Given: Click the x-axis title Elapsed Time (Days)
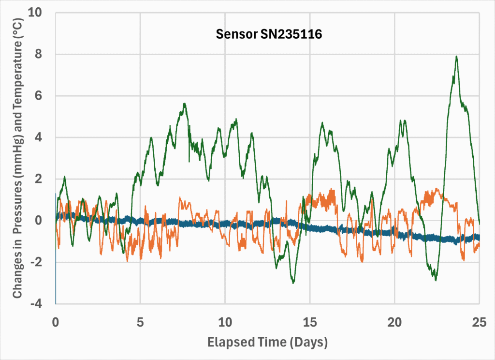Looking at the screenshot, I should [x=268, y=343].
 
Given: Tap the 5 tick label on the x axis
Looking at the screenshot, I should [x=140, y=322].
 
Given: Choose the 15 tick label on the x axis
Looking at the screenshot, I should [x=310, y=322].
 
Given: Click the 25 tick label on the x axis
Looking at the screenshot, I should [x=479, y=322].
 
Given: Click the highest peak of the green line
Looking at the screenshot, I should [x=456, y=57].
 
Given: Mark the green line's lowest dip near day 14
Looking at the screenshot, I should [x=293, y=283].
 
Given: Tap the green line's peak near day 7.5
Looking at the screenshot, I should [x=184, y=104].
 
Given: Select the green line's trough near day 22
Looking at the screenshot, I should [x=436, y=280].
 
